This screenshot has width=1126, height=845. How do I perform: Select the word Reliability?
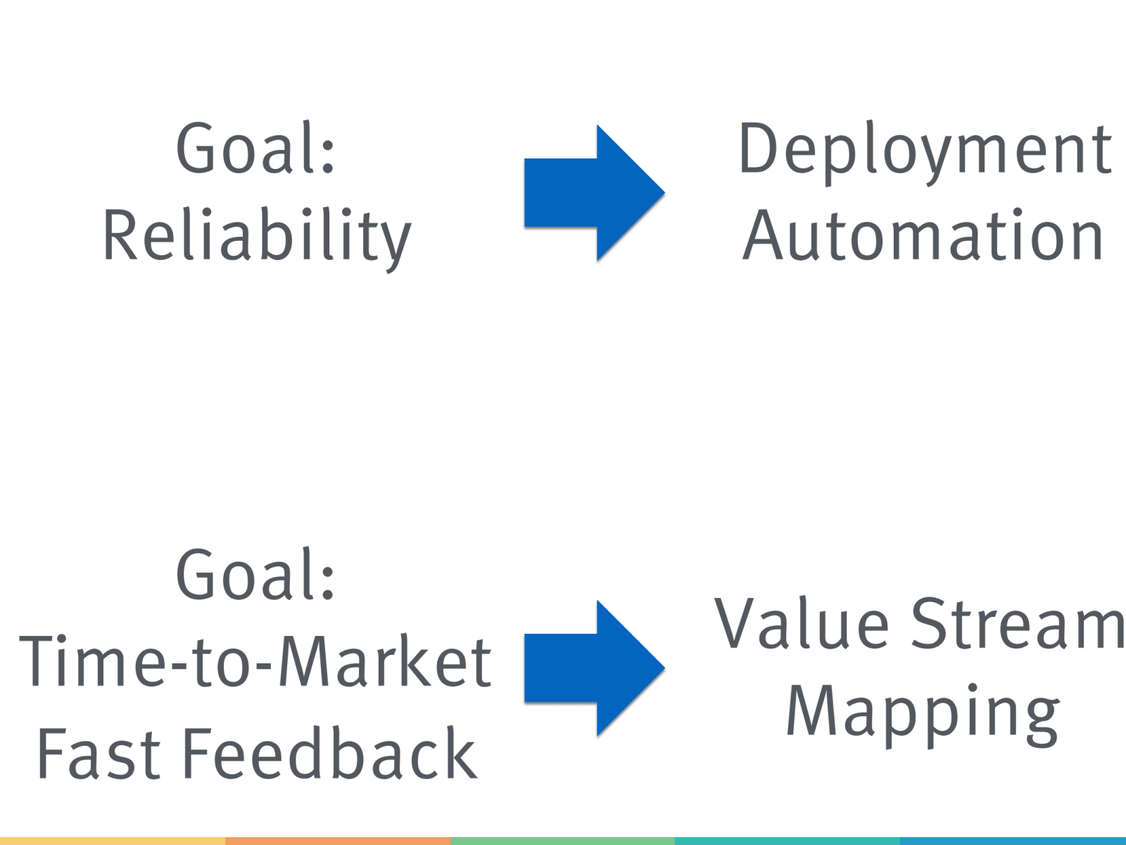pyautogui.click(x=257, y=236)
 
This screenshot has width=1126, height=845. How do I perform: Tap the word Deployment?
pyautogui.click(x=925, y=149)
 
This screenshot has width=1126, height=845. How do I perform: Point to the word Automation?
pyautogui.click(x=923, y=236)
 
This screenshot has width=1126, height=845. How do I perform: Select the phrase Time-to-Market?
pyautogui.click(x=255, y=662)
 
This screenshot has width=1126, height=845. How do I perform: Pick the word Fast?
pyautogui.click(x=99, y=753)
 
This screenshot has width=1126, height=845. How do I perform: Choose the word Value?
pyautogui.click(x=802, y=624)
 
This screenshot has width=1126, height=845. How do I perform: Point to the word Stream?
pyautogui.click(x=1018, y=624)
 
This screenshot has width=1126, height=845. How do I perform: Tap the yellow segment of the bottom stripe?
pyautogui.click(x=113, y=841)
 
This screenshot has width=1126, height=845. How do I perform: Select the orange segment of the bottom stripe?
pyautogui.click(x=338, y=841)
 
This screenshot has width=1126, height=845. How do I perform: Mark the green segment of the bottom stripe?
pyautogui.click(x=563, y=841)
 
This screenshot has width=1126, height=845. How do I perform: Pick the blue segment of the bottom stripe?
pyautogui.click(x=1013, y=841)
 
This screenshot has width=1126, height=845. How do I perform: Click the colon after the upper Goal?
pyautogui.click(x=328, y=156)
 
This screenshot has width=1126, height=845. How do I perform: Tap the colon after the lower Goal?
pyautogui.click(x=328, y=583)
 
